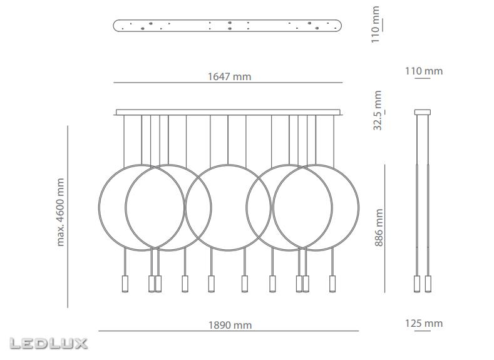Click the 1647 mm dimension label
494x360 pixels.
point(229,76)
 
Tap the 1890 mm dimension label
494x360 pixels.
point(230,325)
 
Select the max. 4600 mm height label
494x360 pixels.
point(60,212)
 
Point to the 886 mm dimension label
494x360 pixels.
point(379,227)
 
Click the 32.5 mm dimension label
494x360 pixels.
point(378,110)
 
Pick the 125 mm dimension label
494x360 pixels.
point(424,324)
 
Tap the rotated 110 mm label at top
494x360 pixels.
point(375,24)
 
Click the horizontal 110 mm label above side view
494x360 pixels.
point(424,71)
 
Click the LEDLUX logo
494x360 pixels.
point(48,344)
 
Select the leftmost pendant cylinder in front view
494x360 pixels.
point(125,284)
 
